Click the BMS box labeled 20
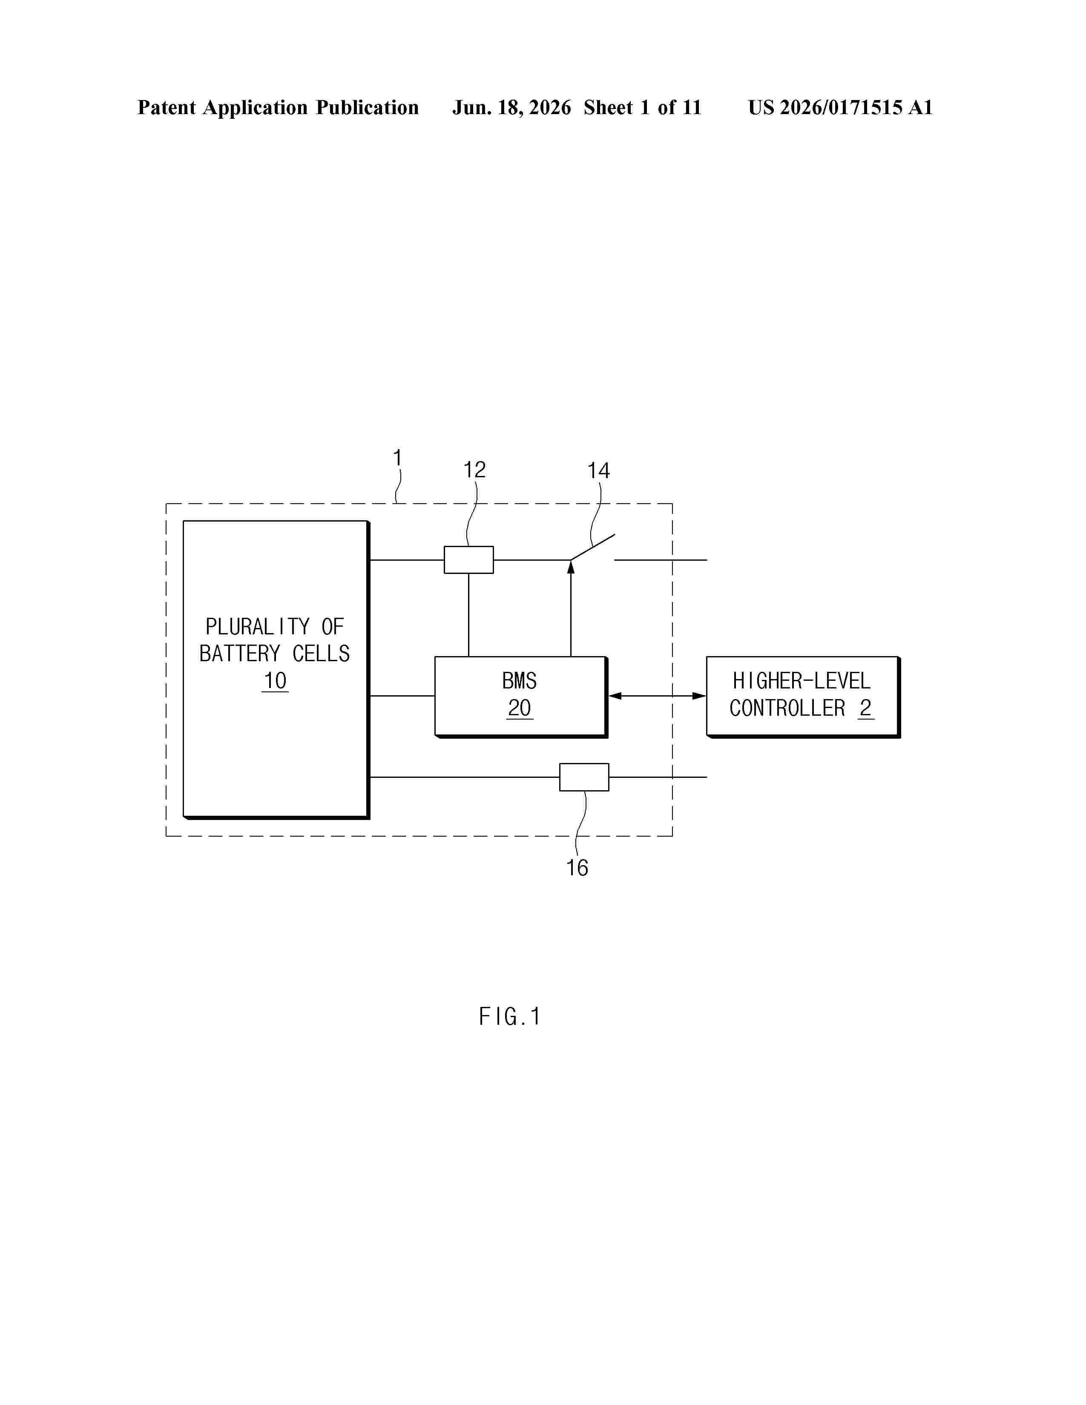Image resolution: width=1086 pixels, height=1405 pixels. (520, 697)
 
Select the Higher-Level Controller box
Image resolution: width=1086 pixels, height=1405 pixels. (803, 697)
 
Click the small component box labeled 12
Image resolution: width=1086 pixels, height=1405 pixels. (468, 560)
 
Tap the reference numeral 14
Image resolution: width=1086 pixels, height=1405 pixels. (598, 471)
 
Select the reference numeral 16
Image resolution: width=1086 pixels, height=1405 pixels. (577, 868)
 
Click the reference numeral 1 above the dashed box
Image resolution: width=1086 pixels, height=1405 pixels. (398, 458)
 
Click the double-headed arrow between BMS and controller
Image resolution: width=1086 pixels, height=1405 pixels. (657, 695)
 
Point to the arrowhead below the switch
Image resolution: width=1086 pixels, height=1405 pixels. (571, 567)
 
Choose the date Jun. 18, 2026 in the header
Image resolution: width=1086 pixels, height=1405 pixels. (511, 107)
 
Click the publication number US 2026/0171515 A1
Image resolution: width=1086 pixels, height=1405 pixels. (840, 107)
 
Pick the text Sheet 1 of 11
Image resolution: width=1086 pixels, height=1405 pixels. (643, 107)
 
